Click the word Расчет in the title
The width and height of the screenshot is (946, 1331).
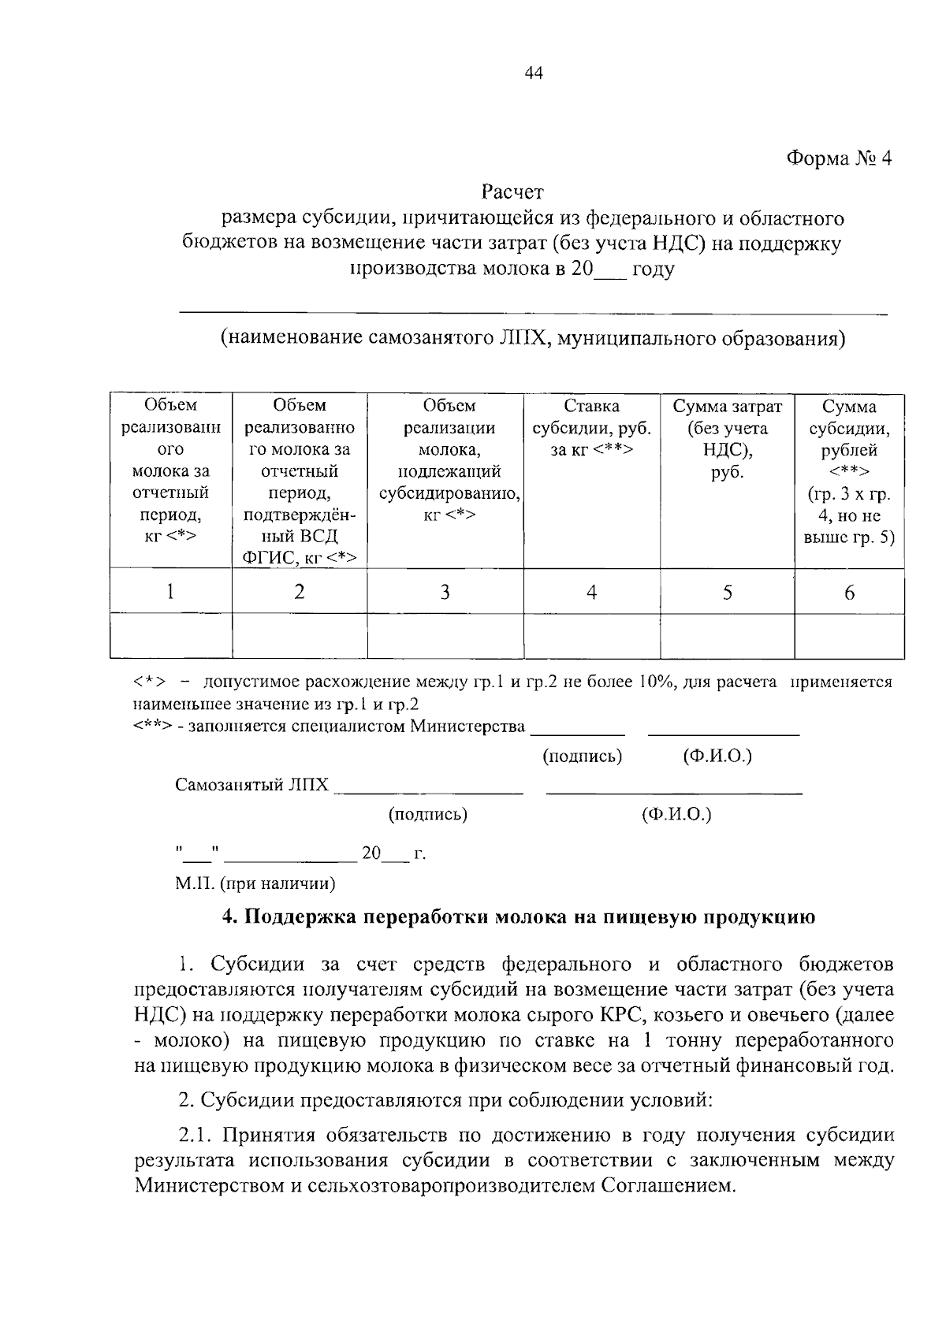512,191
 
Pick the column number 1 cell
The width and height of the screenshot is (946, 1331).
170,592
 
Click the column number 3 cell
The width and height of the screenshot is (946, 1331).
445,592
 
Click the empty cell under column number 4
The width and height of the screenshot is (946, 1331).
591,636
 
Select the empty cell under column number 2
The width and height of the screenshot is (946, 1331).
300,636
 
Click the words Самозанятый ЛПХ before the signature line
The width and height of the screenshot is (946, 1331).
251,785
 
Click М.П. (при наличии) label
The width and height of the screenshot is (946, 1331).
255,883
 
